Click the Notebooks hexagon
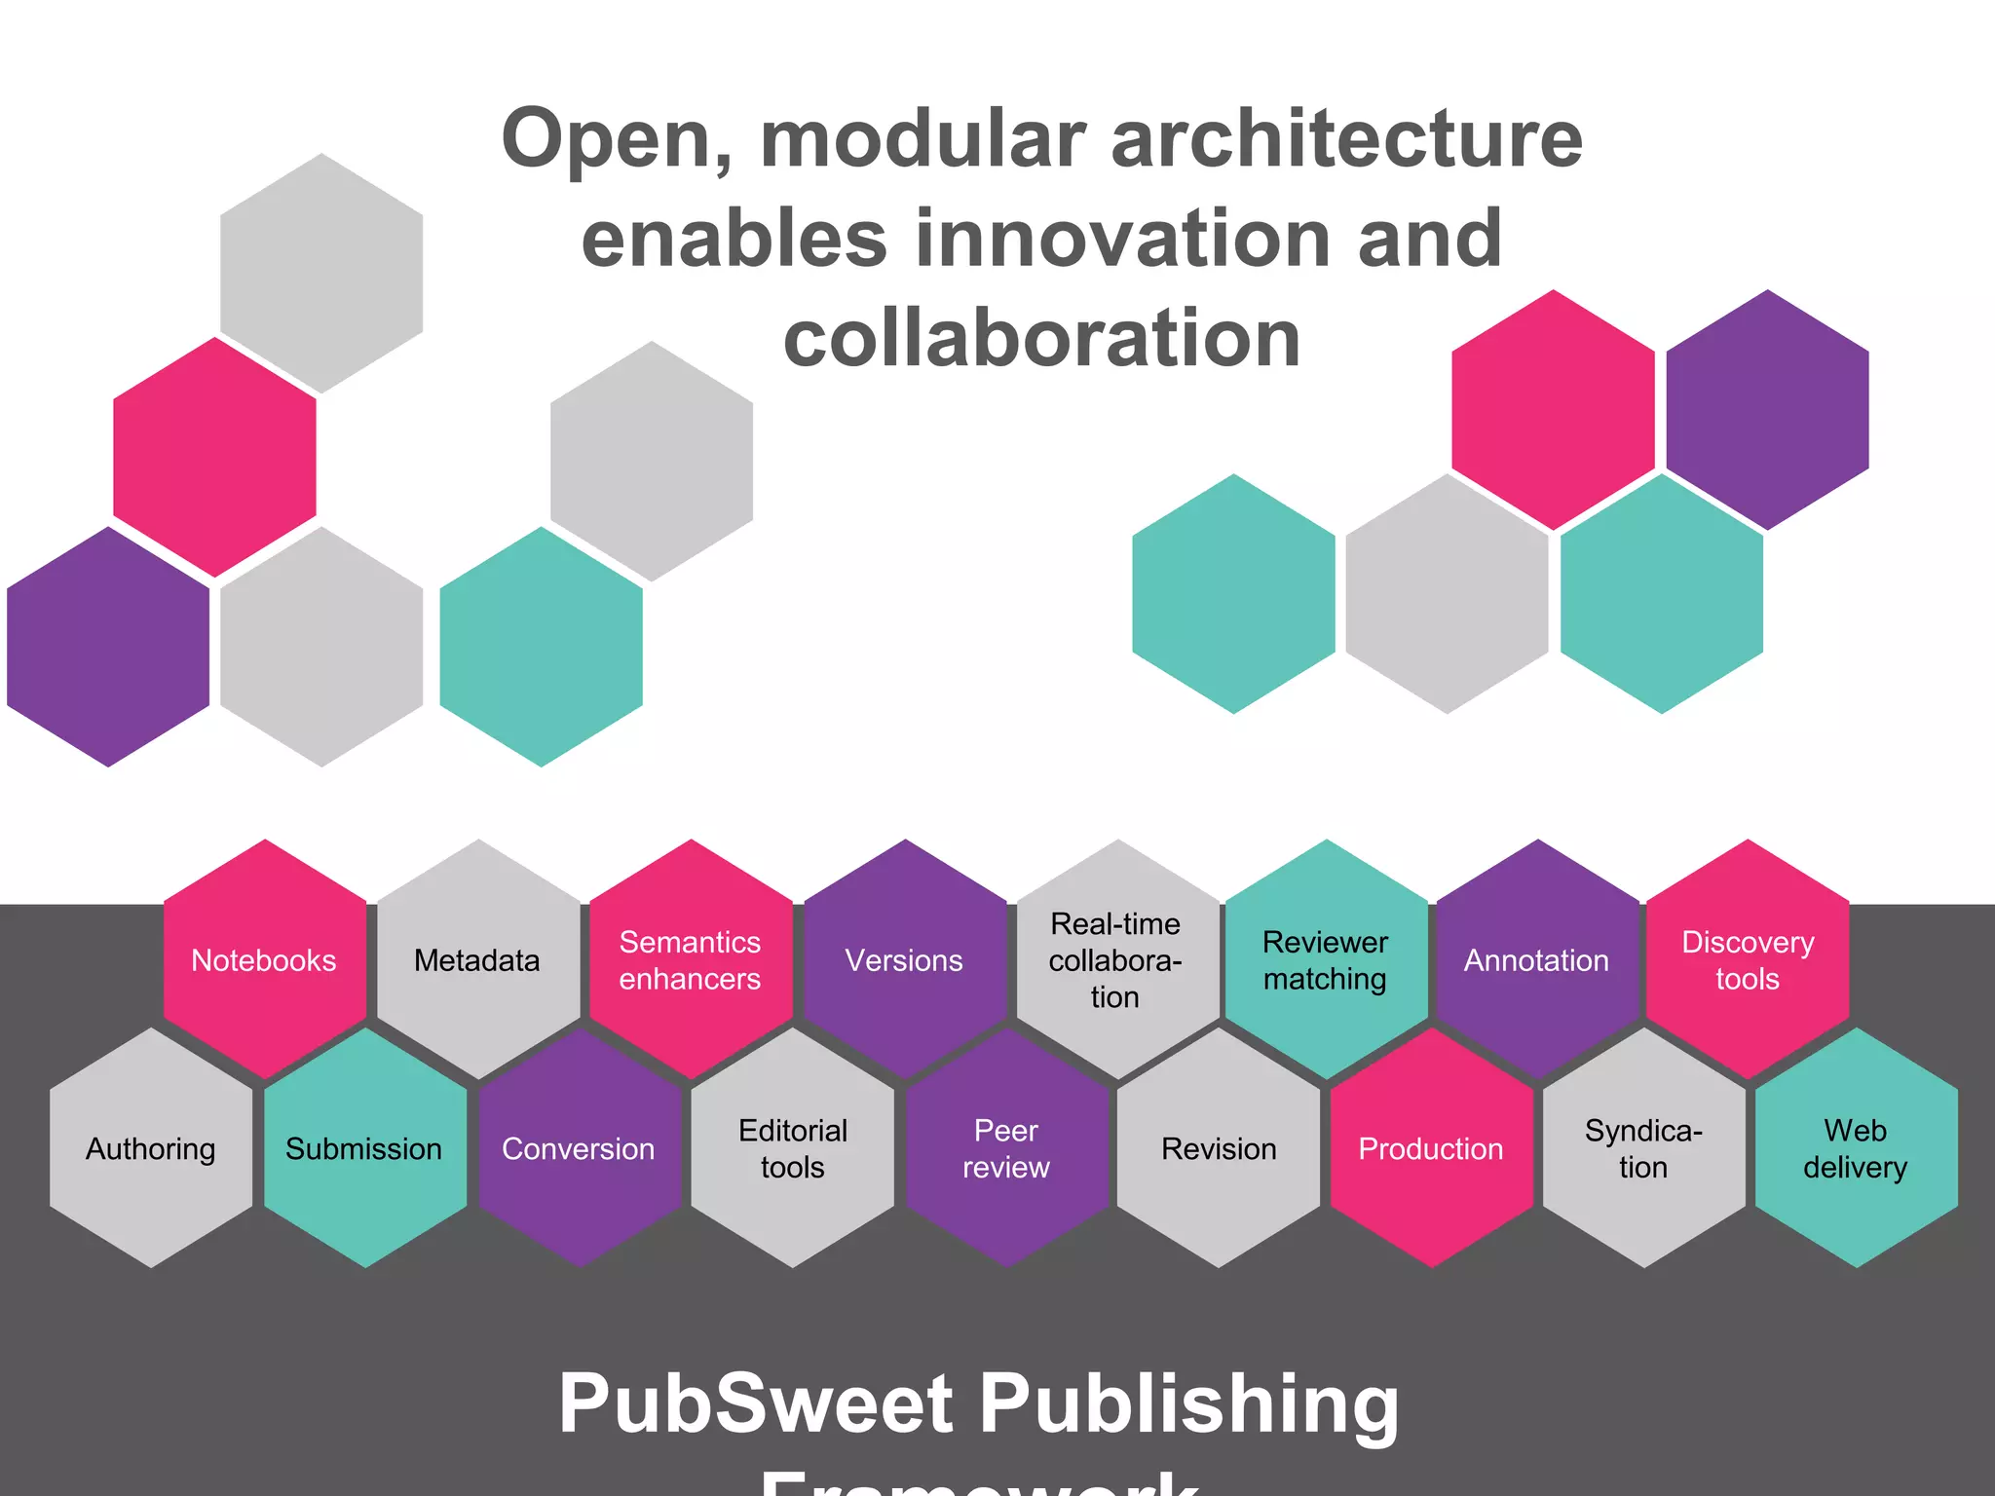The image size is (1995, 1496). [264, 960]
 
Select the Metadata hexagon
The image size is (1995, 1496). [477, 960]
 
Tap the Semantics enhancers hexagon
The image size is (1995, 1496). [691, 960]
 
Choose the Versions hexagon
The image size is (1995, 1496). [904, 960]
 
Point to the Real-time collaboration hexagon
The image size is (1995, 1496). [1116, 960]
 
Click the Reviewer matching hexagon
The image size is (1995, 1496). [1326, 960]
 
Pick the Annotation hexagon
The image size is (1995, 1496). [1537, 960]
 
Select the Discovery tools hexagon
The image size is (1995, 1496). [1748, 960]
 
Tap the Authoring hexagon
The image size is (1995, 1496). [151, 1149]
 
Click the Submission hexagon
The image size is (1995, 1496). [364, 1149]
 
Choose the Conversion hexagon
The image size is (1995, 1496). [579, 1149]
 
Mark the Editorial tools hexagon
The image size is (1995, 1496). [793, 1149]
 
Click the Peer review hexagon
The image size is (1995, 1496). [1006, 1149]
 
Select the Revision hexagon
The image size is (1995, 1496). [1219, 1149]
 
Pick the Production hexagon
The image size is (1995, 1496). [1431, 1149]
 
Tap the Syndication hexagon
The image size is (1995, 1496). [1644, 1149]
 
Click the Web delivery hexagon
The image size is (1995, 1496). [1856, 1149]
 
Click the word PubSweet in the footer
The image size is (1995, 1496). [756, 1404]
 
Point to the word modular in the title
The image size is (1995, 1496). [922, 139]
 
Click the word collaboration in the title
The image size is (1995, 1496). [1042, 338]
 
